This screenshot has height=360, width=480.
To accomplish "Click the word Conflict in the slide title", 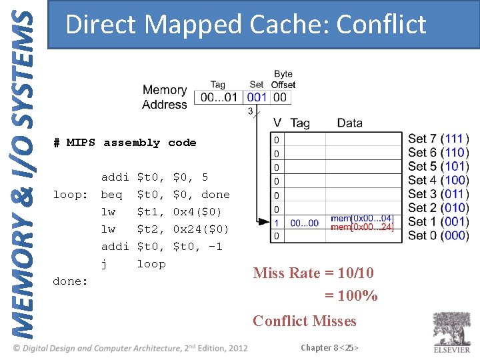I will pyautogui.click(x=381, y=25).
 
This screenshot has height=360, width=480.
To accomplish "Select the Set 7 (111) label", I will pyautogui.click(x=438, y=139).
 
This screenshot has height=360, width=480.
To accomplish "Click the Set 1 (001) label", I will pyautogui.click(x=438, y=221).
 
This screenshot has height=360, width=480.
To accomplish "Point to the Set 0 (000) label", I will pyautogui.click(x=438, y=235).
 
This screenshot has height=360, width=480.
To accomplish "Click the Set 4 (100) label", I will pyautogui.click(x=438, y=180).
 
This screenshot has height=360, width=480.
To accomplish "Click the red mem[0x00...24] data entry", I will pyautogui.click(x=362, y=227).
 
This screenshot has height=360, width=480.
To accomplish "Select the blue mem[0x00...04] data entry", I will pyautogui.click(x=362, y=219).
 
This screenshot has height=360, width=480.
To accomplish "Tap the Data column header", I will pyautogui.click(x=349, y=123).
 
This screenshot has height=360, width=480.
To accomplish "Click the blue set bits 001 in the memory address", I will pyautogui.click(x=257, y=97).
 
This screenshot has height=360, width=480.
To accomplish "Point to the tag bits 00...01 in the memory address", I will pyautogui.click(x=220, y=97).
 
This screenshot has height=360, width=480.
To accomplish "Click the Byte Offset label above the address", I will pyautogui.click(x=283, y=79).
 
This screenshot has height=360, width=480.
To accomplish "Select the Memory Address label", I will pyautogui.click(x=165, y=97).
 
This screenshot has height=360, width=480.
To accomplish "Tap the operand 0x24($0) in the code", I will pyautogui.click(x=201, y=229).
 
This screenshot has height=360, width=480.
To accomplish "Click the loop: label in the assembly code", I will pyautogui.click(x=71, y=195).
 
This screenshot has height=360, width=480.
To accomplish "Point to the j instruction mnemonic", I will pyautogui.click(x=104, y=264).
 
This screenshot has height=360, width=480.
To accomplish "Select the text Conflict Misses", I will pyautogui.click(x=305, y=321).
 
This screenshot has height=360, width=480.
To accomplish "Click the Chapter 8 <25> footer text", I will pyautogui.click(x=330, y=348).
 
